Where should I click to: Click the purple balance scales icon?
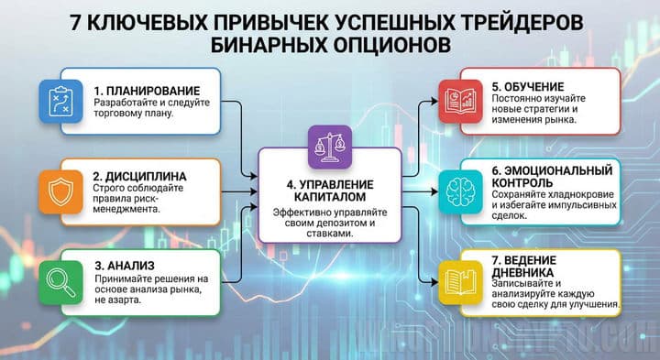[x=330, y=145]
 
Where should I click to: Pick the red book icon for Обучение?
[x=450, y=97]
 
